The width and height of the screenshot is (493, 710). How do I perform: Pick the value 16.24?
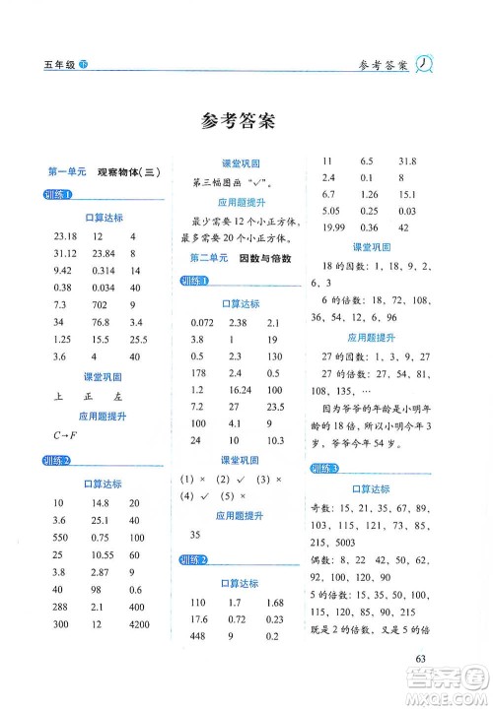click(x=238, y=390)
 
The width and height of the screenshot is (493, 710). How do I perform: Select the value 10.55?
click(x=101, y=581)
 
